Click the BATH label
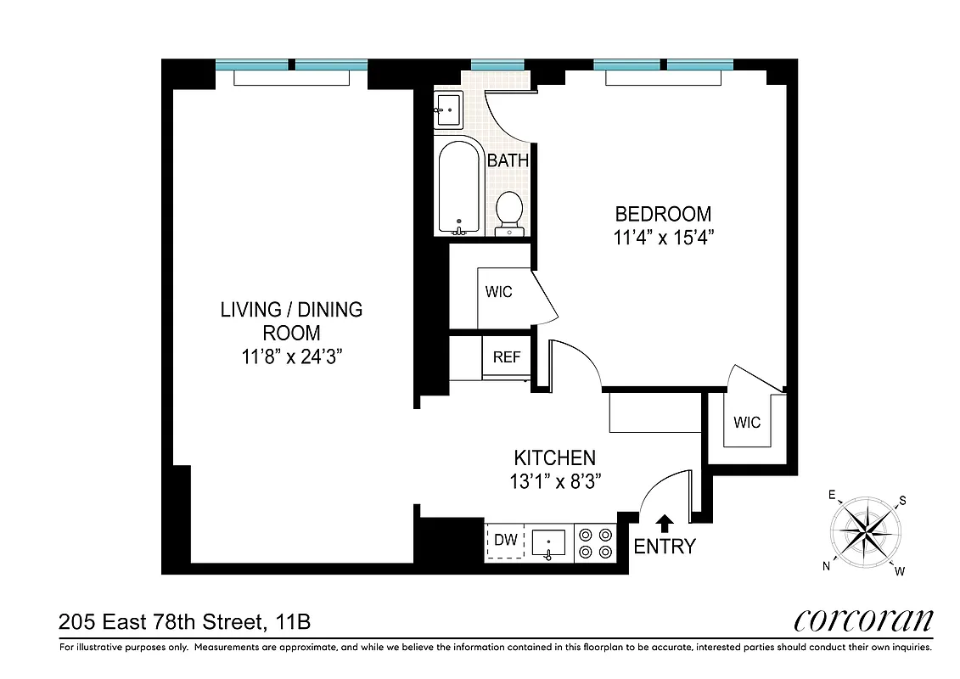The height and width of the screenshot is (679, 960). pyautogui.click(x=508, y=160)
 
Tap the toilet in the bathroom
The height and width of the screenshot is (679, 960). pyautogui.click(x=509, y=212)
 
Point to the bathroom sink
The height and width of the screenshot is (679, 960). pyautogui.click(x=447, y=109)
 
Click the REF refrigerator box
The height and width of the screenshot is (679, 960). pyautogui.click(x=507, y=356)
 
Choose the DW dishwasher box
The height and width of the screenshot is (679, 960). pyautogui.click(x=506, y=540)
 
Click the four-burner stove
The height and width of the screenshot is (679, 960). pyautogui.click(x=595, y=543)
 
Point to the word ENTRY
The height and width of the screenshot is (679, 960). pyautogui.click(x=665, y=547)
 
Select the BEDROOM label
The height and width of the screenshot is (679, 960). pyautogui.click(x=663, y=215)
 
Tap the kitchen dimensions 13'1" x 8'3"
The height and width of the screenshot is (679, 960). pyautogui.click(x=555, y=482)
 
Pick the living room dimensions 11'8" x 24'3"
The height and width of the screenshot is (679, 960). pyautogui.click(x=291, y=357)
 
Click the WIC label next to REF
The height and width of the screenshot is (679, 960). pyautogui.click(x=499, y=292)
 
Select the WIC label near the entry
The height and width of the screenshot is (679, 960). pyautogui.click(x=748, y=422)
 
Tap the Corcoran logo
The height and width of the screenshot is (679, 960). pyautogui.click(x=863, y=620)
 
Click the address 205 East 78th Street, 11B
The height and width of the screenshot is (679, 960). pyautogui.click(x=184, y=622)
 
